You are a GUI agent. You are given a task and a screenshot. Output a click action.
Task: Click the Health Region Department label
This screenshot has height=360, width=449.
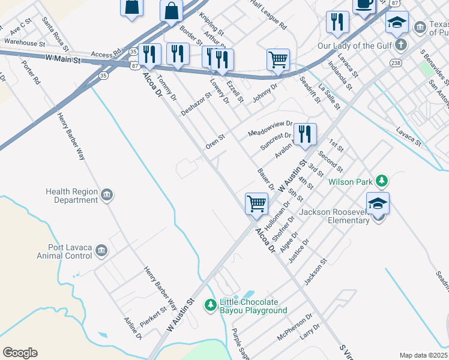point(71,196)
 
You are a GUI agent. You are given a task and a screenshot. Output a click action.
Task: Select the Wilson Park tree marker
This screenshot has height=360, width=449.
point(381,181)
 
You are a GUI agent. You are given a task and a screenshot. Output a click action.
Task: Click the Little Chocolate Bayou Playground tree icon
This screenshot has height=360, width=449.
point(211,306)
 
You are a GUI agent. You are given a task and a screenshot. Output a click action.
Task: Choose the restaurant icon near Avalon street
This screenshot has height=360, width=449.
point(305,134)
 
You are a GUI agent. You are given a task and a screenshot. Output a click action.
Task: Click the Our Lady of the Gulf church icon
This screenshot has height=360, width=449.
point(402,45)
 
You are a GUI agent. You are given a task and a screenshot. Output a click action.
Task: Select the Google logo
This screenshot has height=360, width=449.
point(20,353)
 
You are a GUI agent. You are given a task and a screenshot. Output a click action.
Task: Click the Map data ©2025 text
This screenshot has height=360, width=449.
point(424,355)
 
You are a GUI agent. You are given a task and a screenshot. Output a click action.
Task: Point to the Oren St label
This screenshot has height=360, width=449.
point(215,142)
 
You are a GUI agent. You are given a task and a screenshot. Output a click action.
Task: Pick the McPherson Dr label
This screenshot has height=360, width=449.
point(295,326)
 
